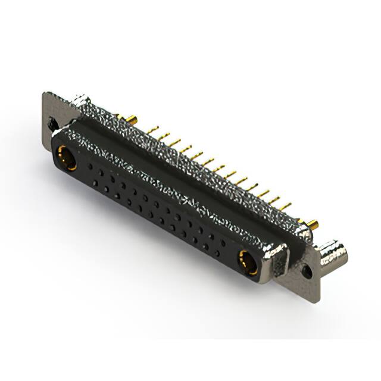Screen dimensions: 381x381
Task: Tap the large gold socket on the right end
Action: pyautogui.click(x=249, y=263)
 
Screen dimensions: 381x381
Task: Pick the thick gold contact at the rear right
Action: pyautogui.click(x=312, y=225)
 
